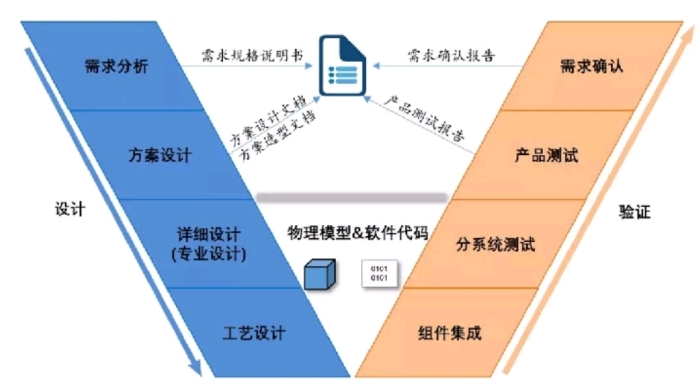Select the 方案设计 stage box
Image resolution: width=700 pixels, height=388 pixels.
coord(161,155)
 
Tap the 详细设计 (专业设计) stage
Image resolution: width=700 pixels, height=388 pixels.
coord(209,244)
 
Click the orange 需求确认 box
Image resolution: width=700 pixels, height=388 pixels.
coord(592,66)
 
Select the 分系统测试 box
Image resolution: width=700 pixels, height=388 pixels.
coord(495,244)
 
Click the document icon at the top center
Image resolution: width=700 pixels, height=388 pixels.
coord(343,65)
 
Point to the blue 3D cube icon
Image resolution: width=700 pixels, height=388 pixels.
coord(319,274)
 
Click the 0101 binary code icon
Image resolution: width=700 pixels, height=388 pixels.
coord(379,273)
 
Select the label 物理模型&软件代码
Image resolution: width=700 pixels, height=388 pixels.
coord(357,232)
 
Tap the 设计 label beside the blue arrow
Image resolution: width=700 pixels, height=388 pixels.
coord(70,209)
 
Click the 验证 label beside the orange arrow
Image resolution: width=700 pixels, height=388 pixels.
coord(634,212)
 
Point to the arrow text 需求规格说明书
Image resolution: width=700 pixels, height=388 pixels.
coord(252,56)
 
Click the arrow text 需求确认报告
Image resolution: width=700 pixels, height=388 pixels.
coord(452,56)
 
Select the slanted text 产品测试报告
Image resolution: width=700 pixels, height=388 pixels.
coord(425,118)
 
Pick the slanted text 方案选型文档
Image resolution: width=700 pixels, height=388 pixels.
coord(278,135)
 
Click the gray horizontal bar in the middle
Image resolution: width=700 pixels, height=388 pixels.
coord(351,197)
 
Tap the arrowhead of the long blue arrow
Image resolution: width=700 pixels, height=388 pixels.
coord(195,368)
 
